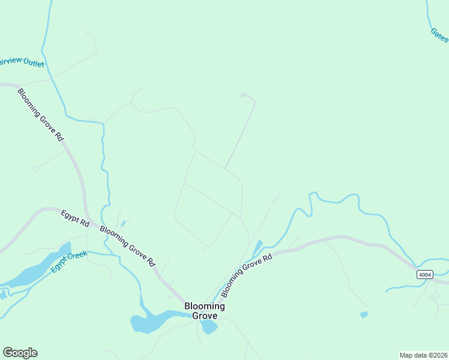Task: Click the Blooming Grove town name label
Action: pos(205,311)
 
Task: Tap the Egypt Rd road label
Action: pos(74,217)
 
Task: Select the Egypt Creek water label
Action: pos(69,262)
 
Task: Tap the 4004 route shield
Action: pos(424,274)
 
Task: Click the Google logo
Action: pos(20,353)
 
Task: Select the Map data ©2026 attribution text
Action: pos(423,355)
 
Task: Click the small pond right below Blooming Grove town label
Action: pos(209,327)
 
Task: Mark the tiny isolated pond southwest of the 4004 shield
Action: pos(364,314)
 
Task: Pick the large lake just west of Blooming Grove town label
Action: pos(150,320)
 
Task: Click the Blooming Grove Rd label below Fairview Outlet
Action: pos(41,115)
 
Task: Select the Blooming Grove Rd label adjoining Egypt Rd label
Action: pos(127,246)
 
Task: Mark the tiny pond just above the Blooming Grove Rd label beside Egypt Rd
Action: pos(122,224)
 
